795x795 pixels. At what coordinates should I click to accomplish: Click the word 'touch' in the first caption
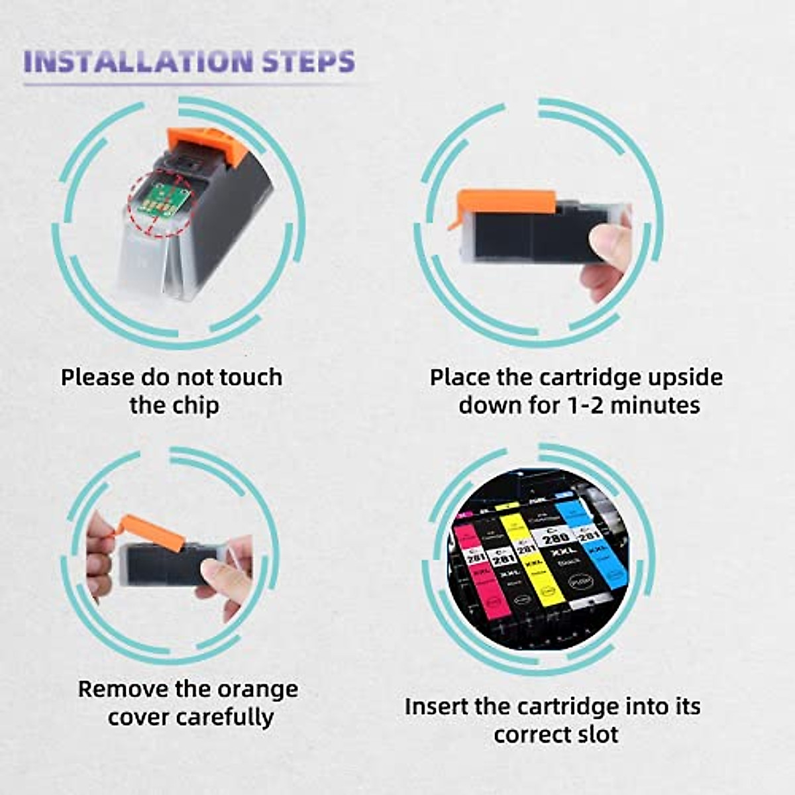pos(250,378)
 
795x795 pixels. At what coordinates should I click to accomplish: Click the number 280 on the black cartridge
pos(555,537)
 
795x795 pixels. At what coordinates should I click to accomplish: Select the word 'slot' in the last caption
pos(596,735)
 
